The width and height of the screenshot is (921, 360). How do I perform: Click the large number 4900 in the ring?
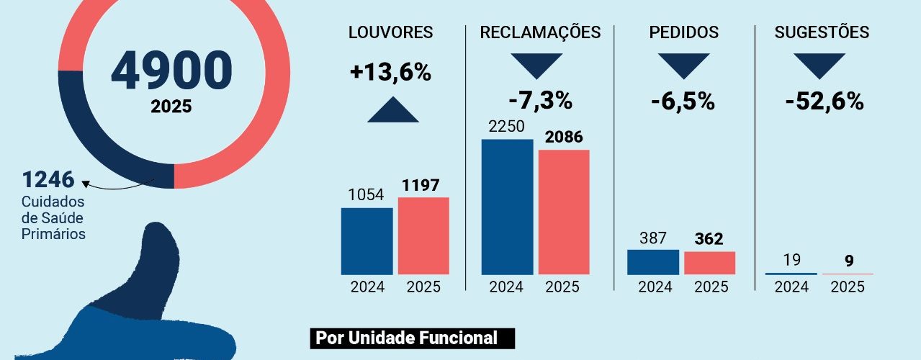(x=171, y=70)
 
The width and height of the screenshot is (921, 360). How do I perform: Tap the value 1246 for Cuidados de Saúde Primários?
(x=48, y=179)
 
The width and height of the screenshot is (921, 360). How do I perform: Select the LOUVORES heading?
(x=390, y=32)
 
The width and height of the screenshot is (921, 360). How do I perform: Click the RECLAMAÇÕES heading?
(x=540, y=32)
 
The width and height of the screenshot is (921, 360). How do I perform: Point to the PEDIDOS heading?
(x=683, y=32)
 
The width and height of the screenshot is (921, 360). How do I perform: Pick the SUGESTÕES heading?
(x=822, y=32)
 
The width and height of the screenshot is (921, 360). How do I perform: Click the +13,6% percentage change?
(x=390, y=72)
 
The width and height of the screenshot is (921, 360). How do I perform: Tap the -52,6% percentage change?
(x=824, y=102)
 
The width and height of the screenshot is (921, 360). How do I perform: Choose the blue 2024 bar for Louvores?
(x=367, y=241)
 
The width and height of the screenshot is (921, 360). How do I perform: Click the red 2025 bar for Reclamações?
(x=564, y=212)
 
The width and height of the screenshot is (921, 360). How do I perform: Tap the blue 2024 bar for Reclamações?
(x=507, y=207)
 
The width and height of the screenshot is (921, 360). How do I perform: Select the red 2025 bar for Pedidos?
(x=709, y=263)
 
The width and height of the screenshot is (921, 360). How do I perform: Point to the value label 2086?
(x=564, y=137)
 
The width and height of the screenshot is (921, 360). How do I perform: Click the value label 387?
(x=653, y=238)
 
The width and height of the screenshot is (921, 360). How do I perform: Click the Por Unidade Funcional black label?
(x=413, y=338)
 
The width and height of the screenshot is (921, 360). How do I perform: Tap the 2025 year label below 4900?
(x=171, y=107)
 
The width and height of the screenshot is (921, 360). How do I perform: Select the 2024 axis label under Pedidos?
(x=655, y=287)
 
